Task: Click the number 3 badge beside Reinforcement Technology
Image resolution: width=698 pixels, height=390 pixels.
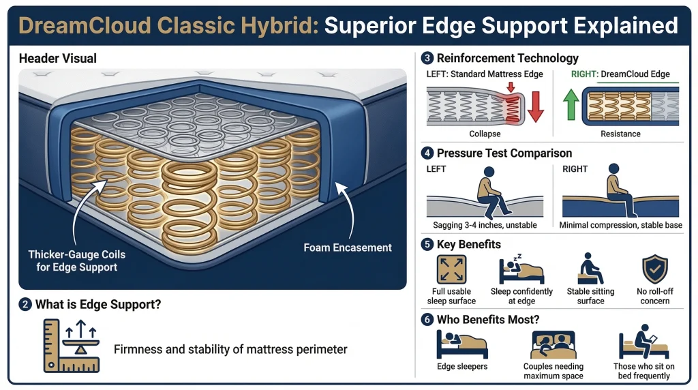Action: (427, 58)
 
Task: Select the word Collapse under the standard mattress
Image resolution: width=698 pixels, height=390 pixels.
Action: (485, 134)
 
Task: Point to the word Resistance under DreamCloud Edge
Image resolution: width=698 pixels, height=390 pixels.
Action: (621, 134)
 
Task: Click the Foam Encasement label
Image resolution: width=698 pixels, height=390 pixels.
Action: (348, 247)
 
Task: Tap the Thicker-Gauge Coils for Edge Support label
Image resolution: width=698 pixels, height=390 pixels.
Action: (77, 260)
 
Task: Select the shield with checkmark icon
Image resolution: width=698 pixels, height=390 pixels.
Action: (655, 268)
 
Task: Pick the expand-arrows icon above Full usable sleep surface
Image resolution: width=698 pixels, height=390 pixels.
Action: (450, 268)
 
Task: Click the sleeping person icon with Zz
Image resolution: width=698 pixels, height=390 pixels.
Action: (521, 269)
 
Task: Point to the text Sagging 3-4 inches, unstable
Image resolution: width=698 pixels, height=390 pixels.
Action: (485, 225)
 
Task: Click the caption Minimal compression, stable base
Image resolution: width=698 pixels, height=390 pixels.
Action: (621, 225)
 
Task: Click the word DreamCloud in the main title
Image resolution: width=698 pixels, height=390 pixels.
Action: (76, 25)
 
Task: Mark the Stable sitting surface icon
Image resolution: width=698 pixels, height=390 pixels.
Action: (588, 269)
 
